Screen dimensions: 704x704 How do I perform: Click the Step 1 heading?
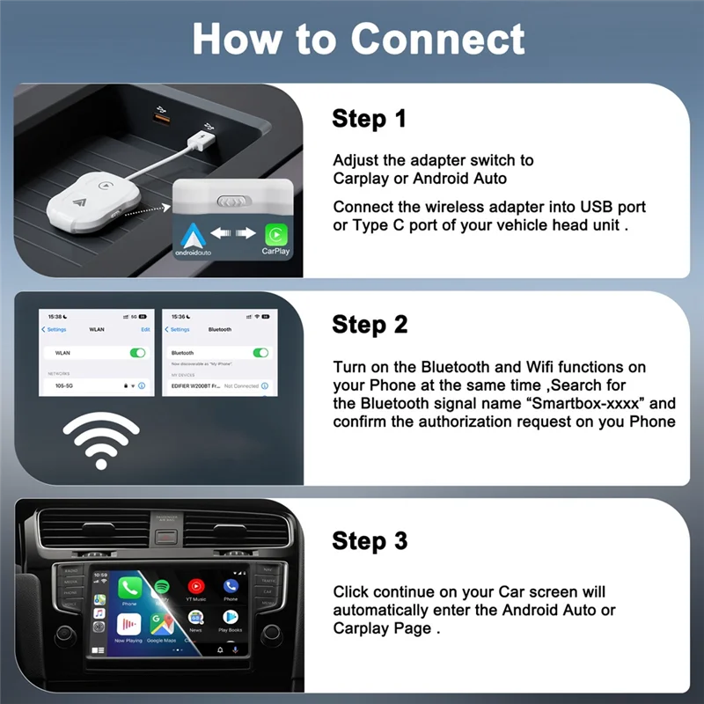point(369,119)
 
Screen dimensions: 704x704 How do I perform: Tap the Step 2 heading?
point(370,324)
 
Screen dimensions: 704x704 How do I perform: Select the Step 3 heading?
point(370,540)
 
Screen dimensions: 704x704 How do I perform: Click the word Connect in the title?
point(437,39)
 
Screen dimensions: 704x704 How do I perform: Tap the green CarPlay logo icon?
point(275,234)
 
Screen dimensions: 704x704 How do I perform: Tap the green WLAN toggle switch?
point(137,352)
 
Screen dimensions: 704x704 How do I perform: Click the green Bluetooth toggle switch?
point(260,352)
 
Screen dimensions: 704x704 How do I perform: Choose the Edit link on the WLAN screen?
point(145,329)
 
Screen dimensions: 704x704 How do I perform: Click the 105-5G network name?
point(63,385)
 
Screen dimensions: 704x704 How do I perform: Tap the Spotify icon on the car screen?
point(162,586)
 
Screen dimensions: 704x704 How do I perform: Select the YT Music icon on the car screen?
point(195,586)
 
